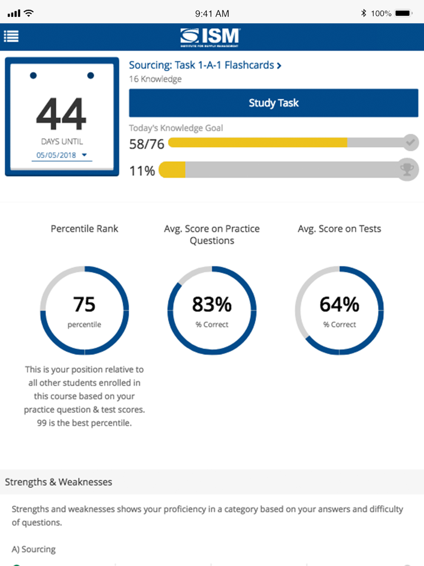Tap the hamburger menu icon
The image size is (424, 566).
coord(11,36)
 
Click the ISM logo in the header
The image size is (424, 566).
coord(210,37)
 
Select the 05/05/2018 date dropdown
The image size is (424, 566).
coord(61,155)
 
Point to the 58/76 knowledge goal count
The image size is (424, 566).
coord(146,144)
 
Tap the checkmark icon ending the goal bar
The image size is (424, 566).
coord(410,143)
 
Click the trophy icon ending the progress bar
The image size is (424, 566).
coord(407,170)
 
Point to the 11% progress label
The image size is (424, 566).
coord(142,171)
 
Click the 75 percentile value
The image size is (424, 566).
coord(84,305)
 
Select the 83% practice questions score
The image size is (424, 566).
coord(212,305)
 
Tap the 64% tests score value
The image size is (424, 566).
coord(339,305)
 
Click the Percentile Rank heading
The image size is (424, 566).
coord(84,229)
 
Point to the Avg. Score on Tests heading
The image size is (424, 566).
coord(339,229)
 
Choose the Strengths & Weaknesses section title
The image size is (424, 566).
coord(59,482)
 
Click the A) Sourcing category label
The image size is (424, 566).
coord(34,549)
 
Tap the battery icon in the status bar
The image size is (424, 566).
coord(403,13)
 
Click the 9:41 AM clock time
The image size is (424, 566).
coord(212,14)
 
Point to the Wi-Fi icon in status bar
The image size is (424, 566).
coord(29,13)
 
